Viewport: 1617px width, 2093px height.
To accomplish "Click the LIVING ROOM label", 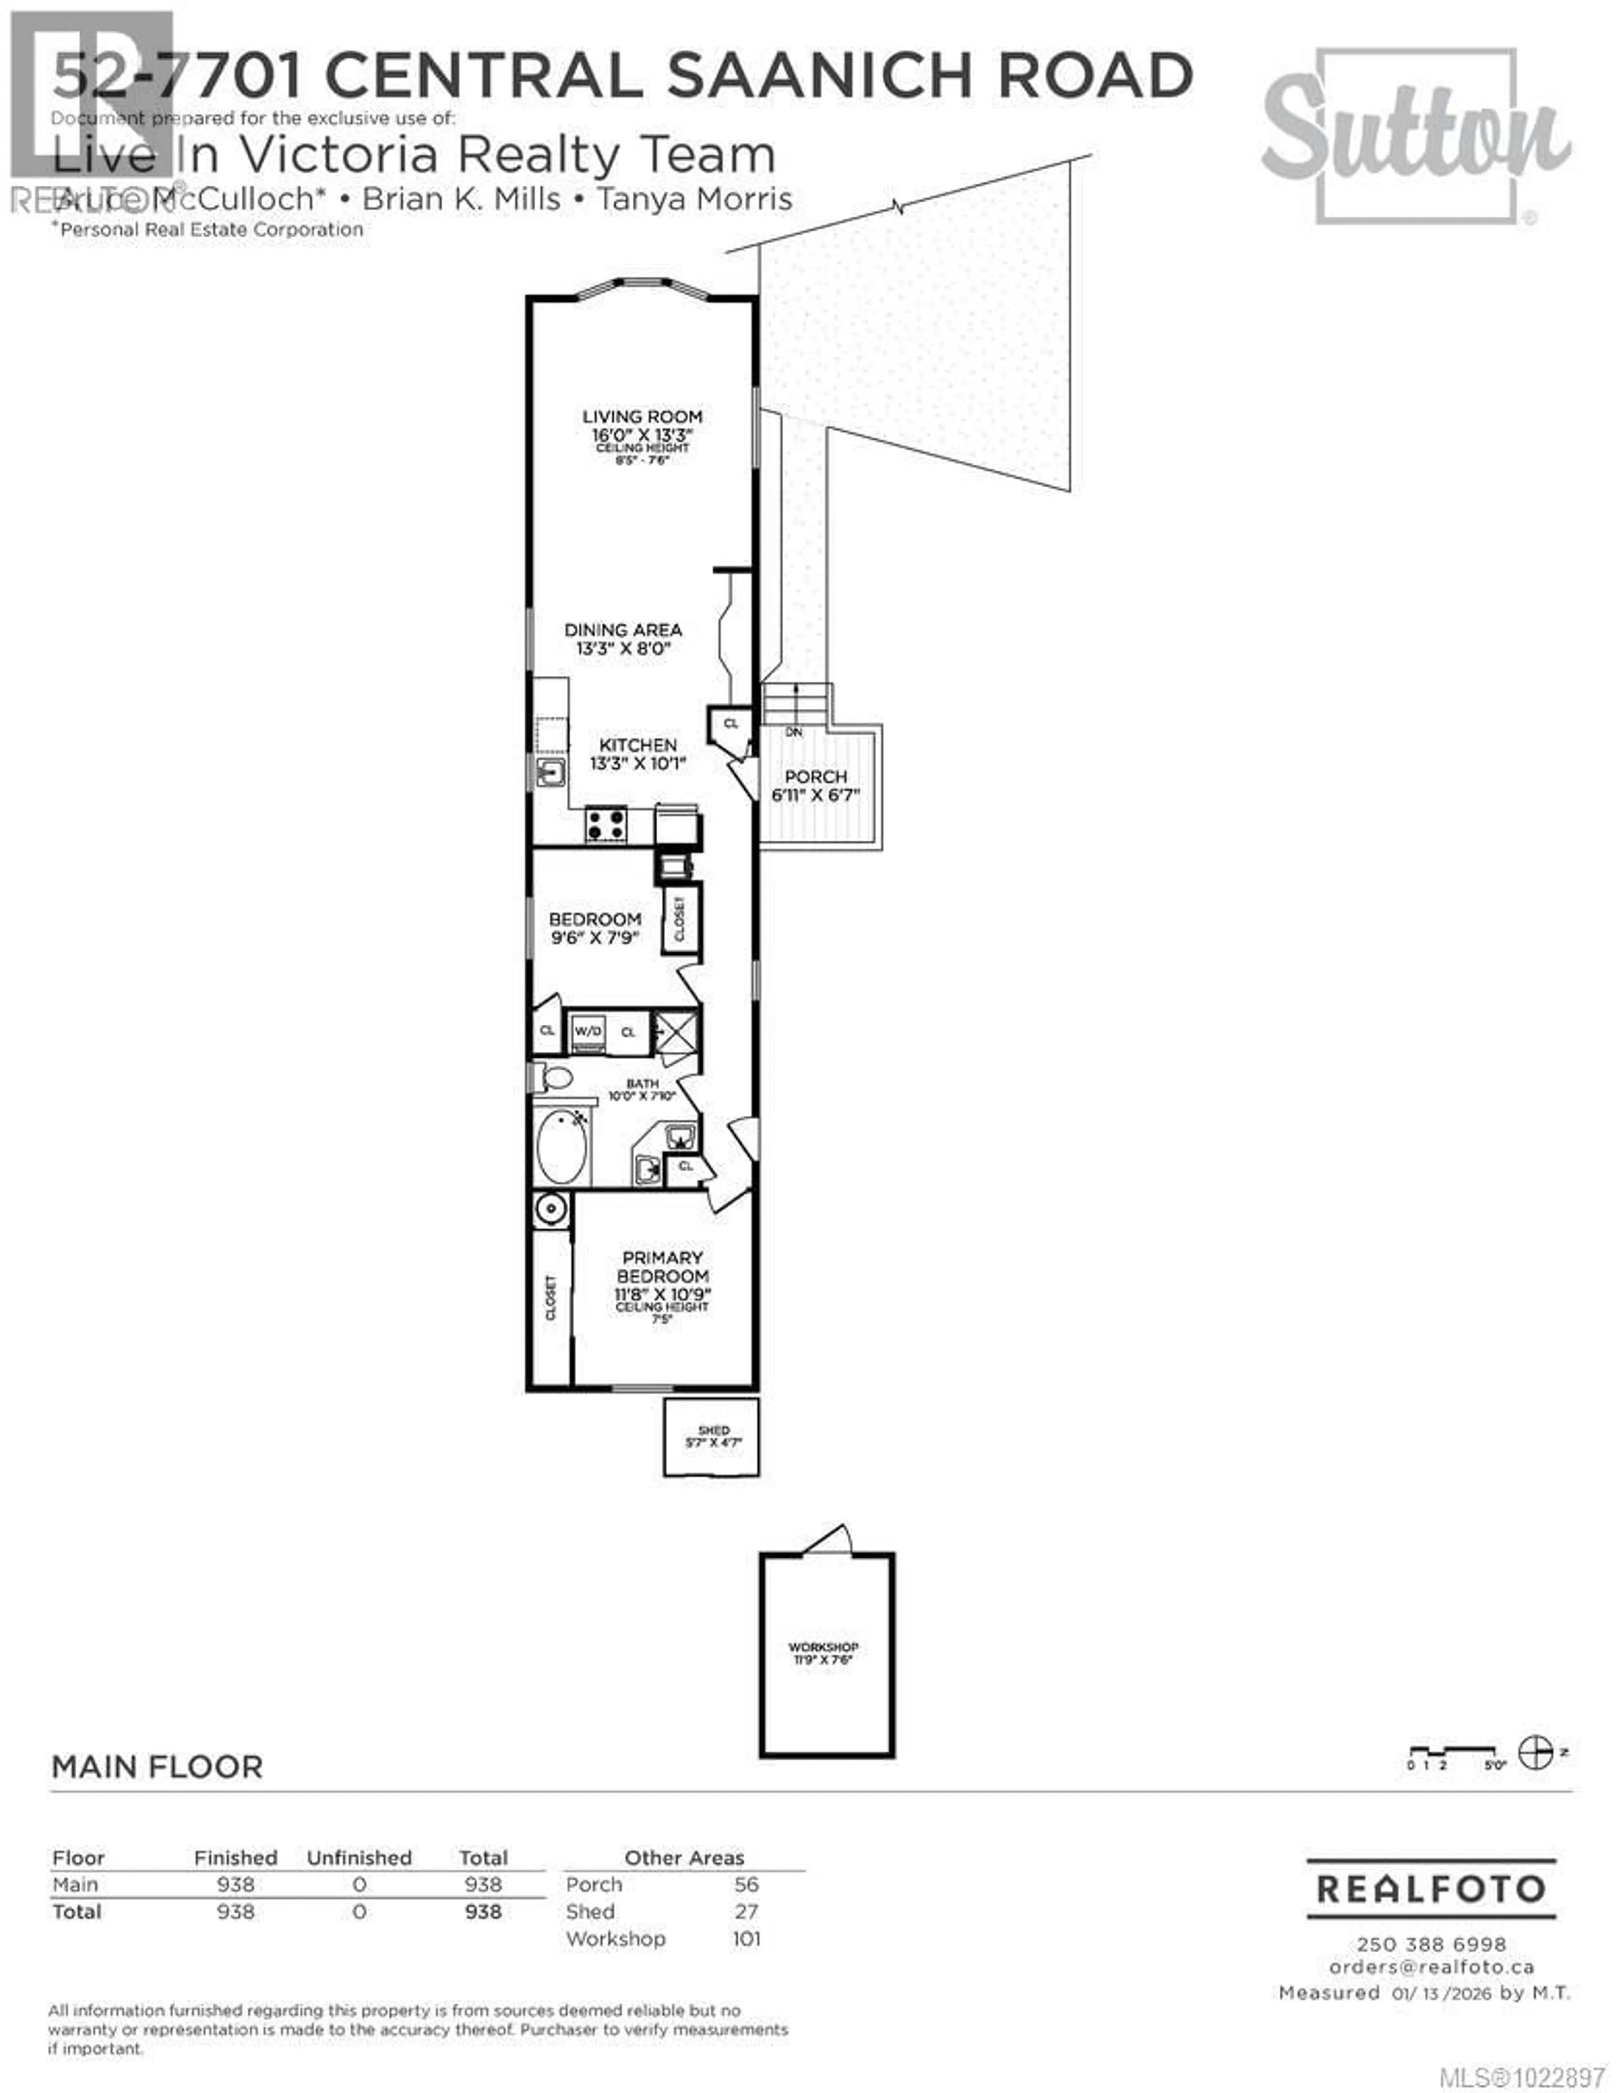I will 642,417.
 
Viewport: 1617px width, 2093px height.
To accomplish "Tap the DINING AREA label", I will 623,630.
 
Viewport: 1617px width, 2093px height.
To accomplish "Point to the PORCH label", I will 815,776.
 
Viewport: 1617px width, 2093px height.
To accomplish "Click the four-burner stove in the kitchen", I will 606,824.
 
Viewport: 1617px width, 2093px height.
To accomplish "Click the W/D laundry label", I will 587,1031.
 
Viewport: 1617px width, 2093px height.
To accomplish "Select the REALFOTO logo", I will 1430,1889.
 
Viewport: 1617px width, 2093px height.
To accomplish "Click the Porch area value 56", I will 746,1884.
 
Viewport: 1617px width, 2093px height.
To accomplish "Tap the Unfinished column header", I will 359,1857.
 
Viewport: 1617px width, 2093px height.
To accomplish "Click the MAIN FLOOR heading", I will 157,1767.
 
